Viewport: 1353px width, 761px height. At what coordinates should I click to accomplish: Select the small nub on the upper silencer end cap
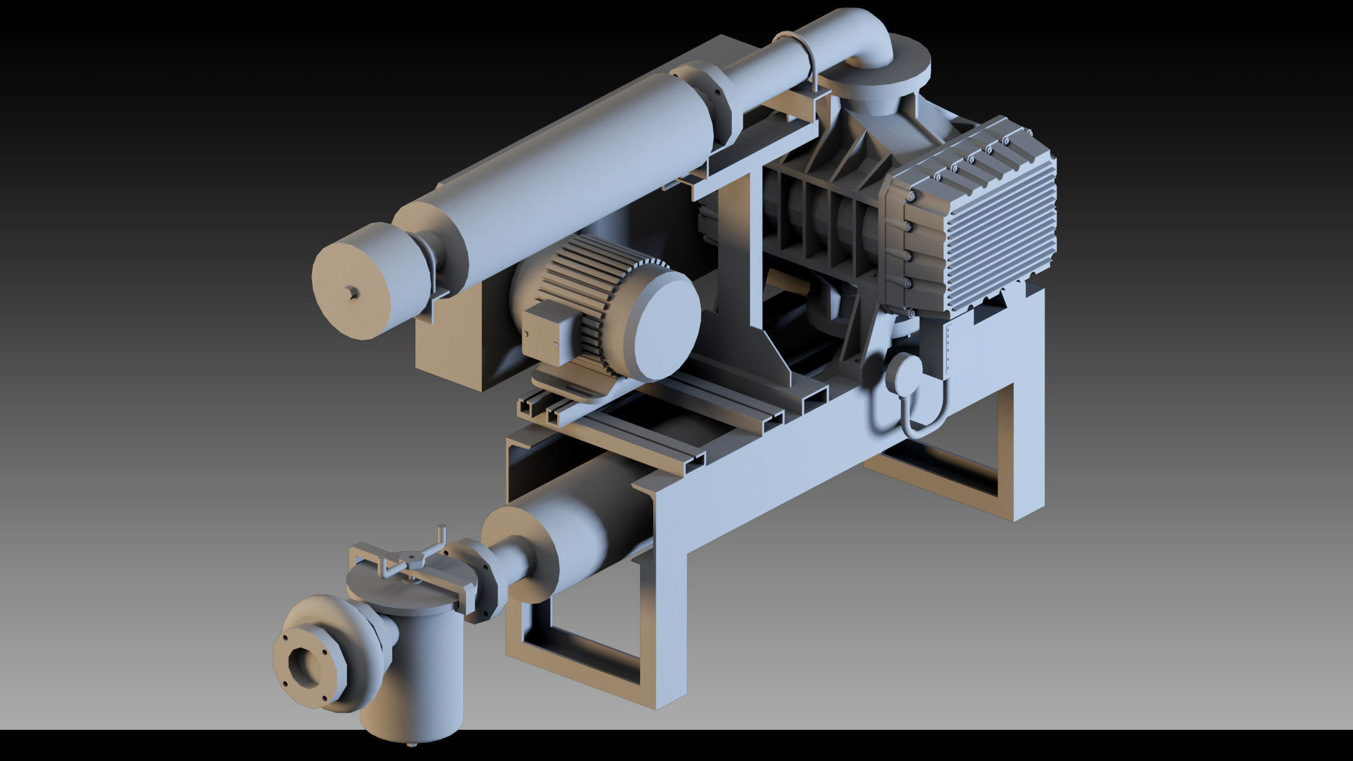(x=353, y=292)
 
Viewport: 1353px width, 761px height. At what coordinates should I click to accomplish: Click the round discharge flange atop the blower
(x=880, y=69)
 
